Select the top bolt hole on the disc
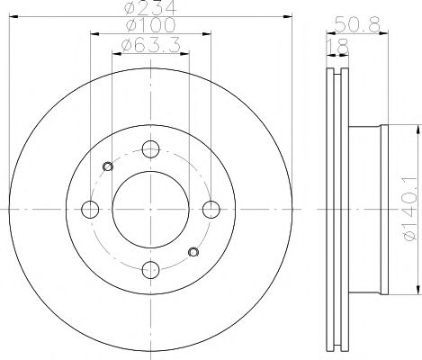150,149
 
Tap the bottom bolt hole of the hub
151,268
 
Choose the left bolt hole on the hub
91,210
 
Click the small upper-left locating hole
109,166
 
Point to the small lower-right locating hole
192,251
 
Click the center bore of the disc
150,209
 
